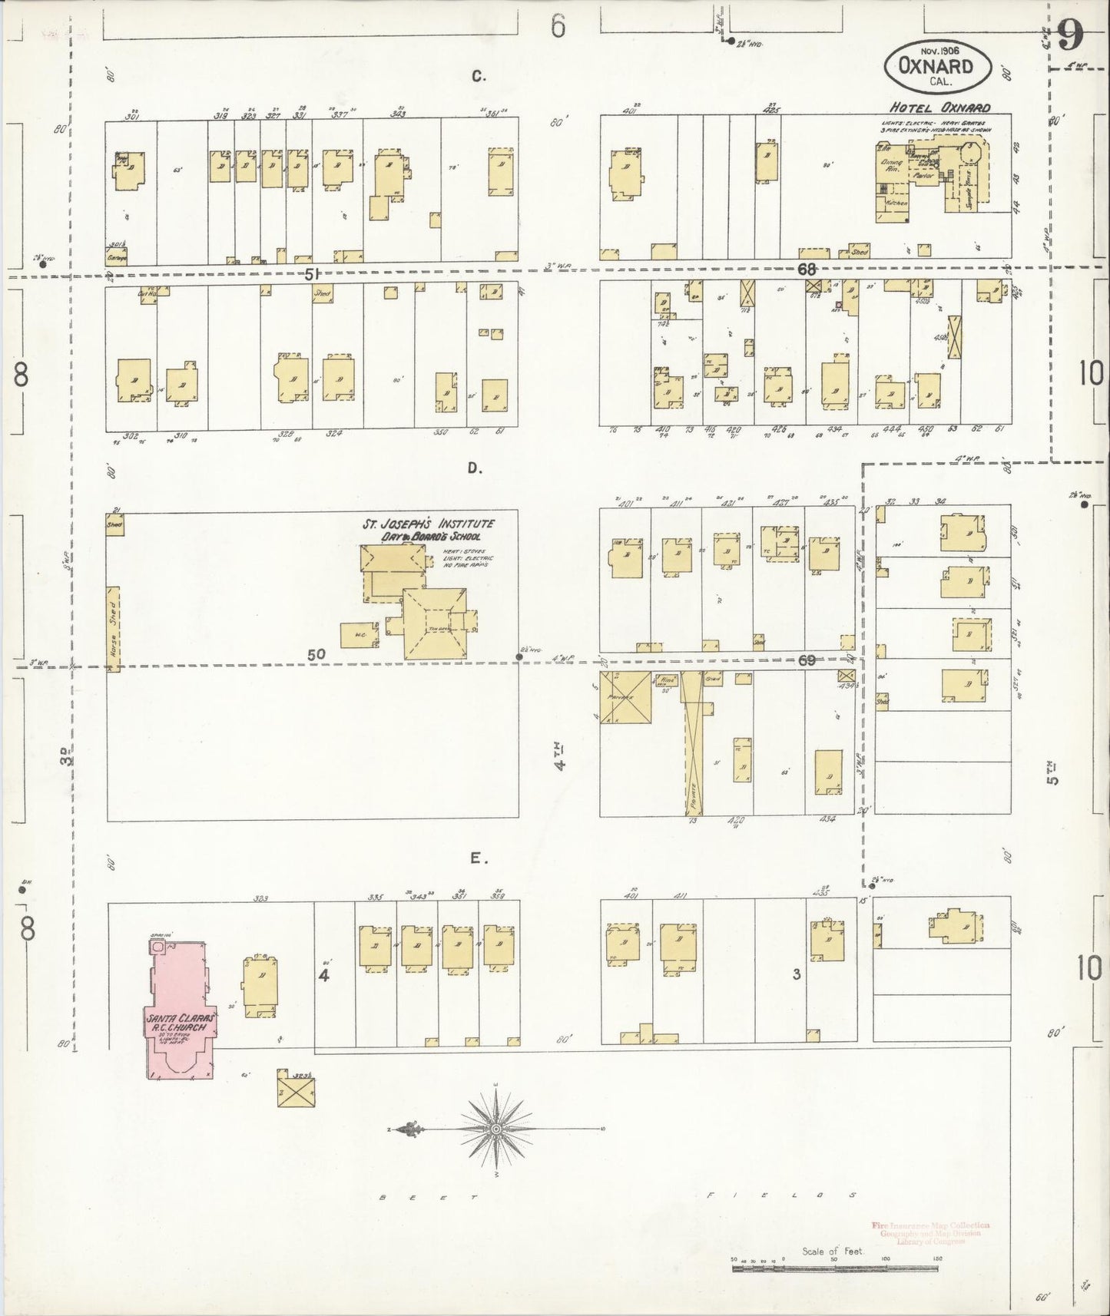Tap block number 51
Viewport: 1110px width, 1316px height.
(311, 273)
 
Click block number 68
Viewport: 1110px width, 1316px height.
(806, 269)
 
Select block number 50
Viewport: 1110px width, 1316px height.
(316, 654)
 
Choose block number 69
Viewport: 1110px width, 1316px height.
(806, 660)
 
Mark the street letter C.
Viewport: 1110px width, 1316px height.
(479, 75)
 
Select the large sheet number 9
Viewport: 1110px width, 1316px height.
(1070, 35)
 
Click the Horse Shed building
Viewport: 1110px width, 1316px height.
(114, 629)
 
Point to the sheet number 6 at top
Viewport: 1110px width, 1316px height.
(558, 27)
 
